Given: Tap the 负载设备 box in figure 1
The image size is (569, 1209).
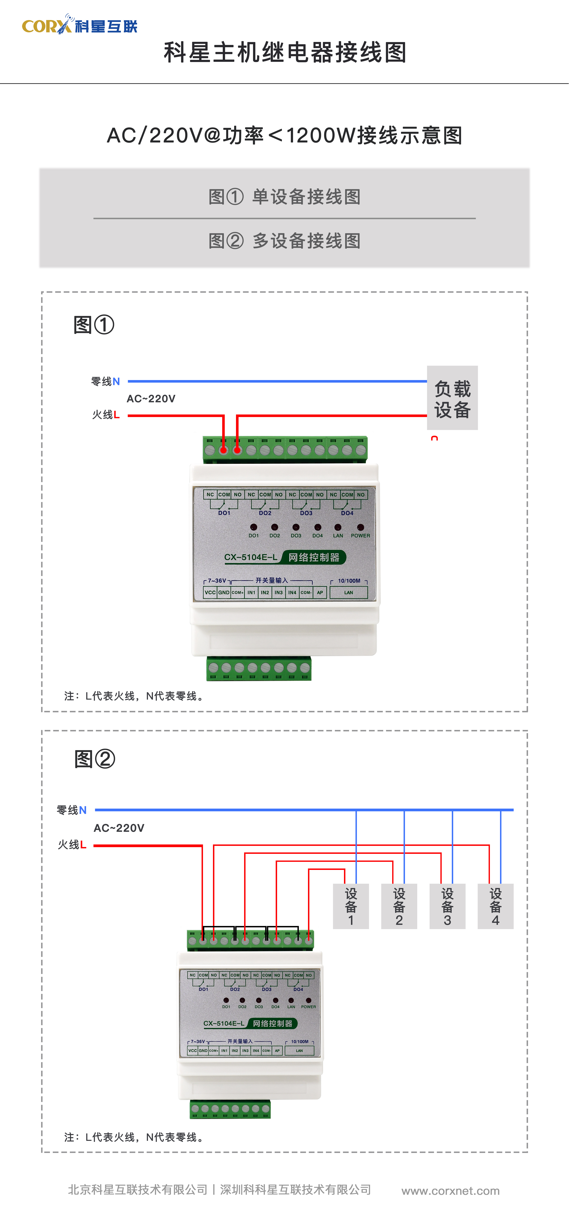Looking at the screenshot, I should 452,398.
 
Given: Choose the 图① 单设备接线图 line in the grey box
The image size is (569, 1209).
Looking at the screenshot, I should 284,197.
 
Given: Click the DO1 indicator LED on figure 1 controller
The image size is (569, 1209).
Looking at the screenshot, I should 253,528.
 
